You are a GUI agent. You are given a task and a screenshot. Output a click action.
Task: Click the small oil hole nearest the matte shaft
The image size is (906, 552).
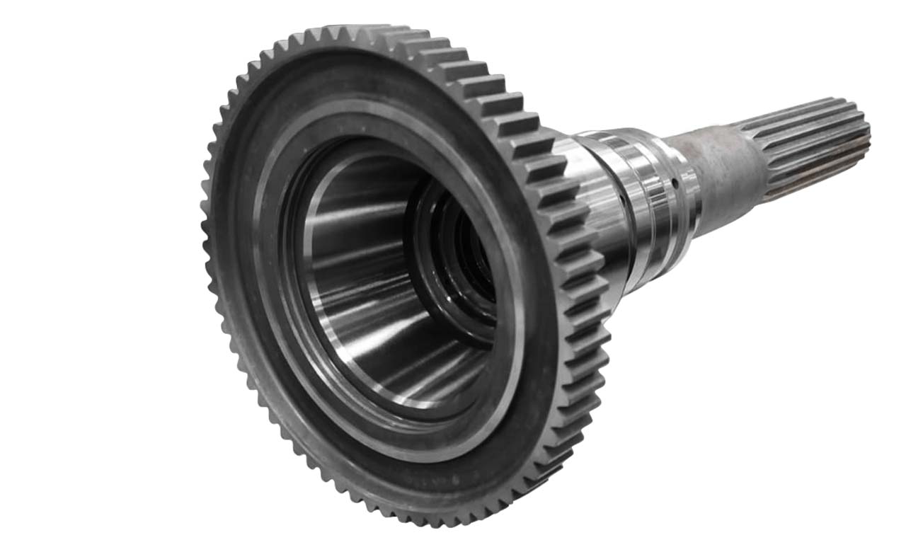pyautogui.click(x=675, y=183)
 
